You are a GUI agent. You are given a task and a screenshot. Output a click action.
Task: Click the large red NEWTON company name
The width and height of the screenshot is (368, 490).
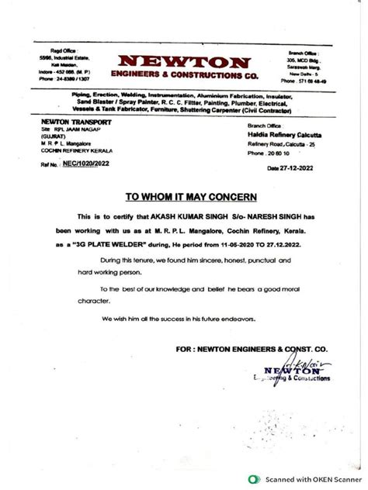click(x=184, y=60)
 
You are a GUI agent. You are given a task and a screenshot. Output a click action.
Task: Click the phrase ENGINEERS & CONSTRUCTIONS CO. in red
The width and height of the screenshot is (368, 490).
click(x=184, y=75)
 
